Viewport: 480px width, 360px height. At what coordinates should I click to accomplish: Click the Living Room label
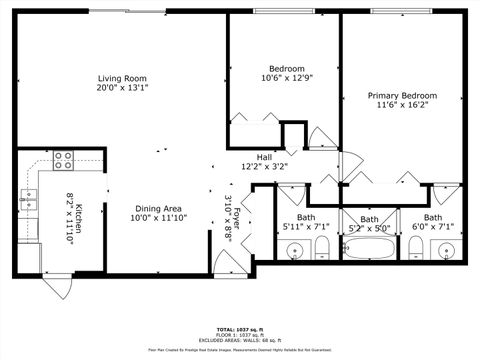pos(122,78)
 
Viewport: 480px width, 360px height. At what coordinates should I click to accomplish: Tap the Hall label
pos(264,157)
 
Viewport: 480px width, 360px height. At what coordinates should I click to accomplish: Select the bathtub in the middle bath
pos(370,250)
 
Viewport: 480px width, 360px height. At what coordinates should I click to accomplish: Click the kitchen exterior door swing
pos(59,288)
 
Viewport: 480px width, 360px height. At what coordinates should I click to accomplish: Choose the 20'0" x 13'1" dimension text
pos(122,87)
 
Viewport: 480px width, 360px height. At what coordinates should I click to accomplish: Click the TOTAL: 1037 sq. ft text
pos(240,328)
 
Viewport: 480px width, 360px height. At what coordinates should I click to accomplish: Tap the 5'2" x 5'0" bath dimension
pos(370,228)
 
